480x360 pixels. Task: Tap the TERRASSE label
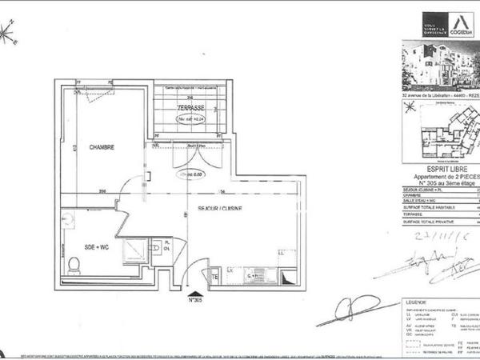coord(191,106)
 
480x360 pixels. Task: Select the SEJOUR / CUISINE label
coord(220,208)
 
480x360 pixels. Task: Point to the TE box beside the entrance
coord(214,277)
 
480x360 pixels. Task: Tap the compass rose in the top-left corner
coord(10,33)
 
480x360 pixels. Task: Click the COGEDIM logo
coord(459,24)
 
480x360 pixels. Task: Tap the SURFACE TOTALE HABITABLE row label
coord(433,207)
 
